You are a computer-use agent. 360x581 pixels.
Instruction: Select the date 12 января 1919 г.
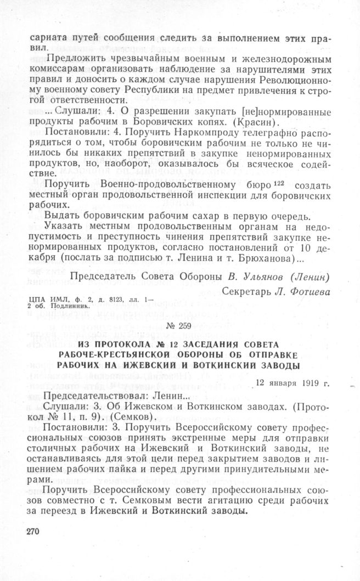(x=294, y=382)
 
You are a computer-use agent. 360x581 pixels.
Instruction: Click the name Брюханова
(x=262, y=257)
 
